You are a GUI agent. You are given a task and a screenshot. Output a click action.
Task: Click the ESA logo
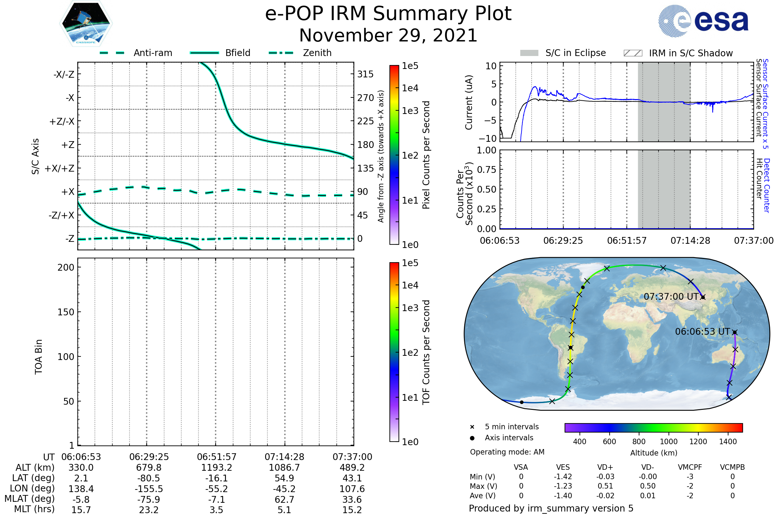(x=703, y=21)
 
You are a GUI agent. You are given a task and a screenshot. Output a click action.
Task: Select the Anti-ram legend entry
(x=136, y=53)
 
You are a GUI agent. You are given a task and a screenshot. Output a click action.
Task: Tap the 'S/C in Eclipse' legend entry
(x=563, y=53)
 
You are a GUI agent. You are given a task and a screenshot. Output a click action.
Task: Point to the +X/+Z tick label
(x=60, y=168)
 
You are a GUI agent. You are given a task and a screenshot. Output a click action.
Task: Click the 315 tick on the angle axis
(x=366, y=74)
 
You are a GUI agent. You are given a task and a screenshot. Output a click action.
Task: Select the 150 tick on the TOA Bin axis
(x=66, y=312)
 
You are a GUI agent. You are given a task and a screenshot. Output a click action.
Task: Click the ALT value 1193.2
(x=216, y=468)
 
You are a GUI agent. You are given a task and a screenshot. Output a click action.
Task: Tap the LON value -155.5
(x=149, y=489)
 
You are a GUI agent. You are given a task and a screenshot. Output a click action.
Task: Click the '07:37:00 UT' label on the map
(x=671, y=297)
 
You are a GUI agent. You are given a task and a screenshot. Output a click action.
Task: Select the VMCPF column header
(x=690, y=467)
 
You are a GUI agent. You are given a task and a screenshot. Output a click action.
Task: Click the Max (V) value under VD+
(x=605, y=486)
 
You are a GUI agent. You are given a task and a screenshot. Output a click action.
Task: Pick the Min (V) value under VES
(x=563, y=477)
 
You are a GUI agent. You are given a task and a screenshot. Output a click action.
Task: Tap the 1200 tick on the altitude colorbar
(x=698, y=442)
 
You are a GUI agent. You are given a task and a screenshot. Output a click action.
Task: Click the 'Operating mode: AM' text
(x=507, y=452)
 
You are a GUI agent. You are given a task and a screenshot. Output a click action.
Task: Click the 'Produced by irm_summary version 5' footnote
(x=551, y=508)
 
